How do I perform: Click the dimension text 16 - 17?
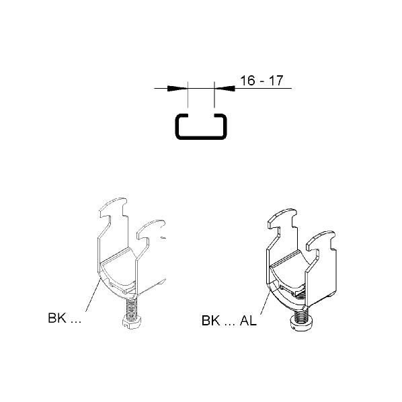tap(262, 81)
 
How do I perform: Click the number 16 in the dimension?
tap(248, 81)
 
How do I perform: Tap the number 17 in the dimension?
tap(276, 81)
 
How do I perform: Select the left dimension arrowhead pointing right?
tap(177, 89)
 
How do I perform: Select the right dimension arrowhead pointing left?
tap(225, 89)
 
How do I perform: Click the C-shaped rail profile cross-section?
tap(201, 138)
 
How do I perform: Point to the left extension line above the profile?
tap(188, 95)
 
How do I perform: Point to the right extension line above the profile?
tap(214, 95)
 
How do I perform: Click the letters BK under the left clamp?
tap(57, 318)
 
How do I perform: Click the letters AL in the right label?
tap(248, 321)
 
